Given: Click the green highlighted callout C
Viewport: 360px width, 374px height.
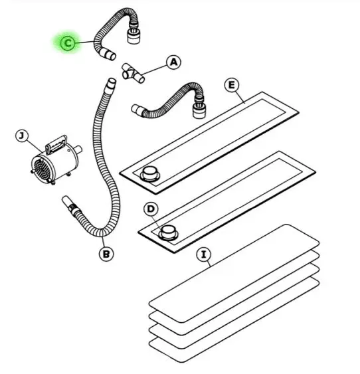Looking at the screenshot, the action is click(x=68, y=43).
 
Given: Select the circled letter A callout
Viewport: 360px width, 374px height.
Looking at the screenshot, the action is click(x=174, y=62).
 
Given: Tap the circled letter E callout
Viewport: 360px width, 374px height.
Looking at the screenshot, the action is click(x=232, y=85).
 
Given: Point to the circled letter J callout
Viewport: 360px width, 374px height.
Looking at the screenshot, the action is click(x=22, y=136).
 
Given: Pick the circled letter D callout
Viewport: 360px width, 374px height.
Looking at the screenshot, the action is click(x=151, y=209).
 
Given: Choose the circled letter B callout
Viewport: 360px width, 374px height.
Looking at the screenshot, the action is click(x=106, y=254).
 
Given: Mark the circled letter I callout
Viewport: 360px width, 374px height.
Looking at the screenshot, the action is click(x=204, y=254).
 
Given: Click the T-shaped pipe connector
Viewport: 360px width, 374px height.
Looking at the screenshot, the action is click(x=133, y=74).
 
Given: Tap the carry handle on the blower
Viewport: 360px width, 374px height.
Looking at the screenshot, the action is click(x=56, y=144).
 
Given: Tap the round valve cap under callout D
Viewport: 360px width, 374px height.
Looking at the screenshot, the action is click(x=168, y=233).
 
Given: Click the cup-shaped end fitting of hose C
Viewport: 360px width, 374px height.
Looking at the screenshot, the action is click(x=134, y=35).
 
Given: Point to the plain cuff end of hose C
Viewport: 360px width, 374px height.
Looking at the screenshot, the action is click(x=108, y=54).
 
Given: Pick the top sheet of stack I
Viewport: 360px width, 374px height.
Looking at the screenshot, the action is click(x=234, y=273).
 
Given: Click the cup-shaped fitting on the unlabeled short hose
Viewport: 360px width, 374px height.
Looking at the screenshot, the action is click(x=199, y=111).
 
